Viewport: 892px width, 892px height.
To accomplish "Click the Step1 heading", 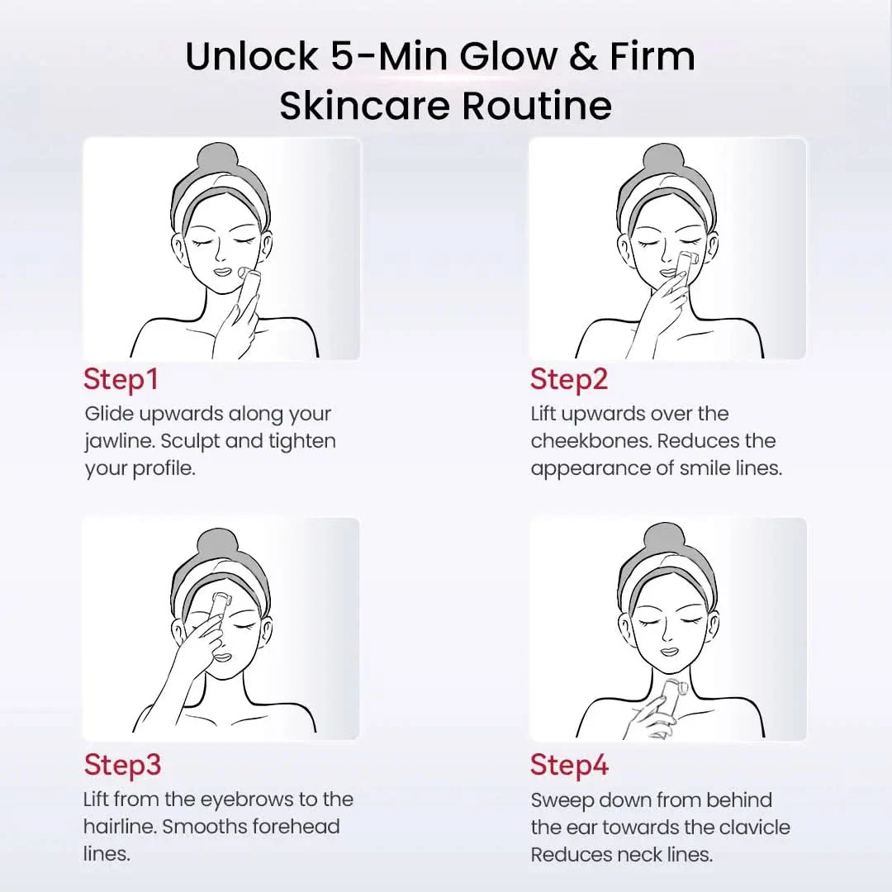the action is [x=121, y=380].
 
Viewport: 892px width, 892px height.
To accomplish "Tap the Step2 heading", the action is [x=569, y=380].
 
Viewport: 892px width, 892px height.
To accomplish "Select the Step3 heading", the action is [x=122, y=765].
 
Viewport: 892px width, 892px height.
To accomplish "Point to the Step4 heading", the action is [x=569, y=765].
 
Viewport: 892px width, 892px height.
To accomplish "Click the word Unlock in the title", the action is [x=251, y=56].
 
